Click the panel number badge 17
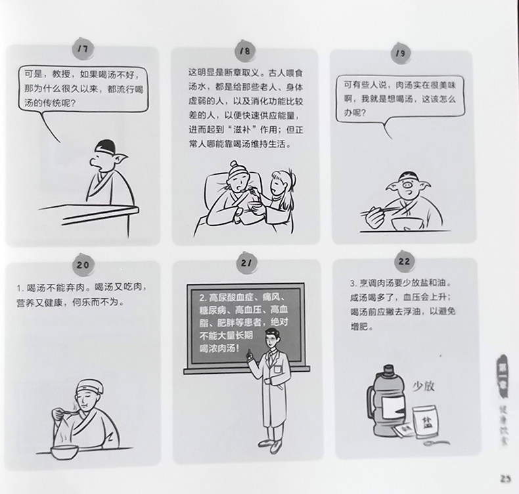coord(83,49)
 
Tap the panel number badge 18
coord(245,51)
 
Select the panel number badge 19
coord(401,53)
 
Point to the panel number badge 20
coord(83,265)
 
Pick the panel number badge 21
coord(246,263)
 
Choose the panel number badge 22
coord(404,261)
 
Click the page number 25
coord(506,479)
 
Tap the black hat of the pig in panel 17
coord(105,146)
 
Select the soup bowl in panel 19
coord(407,223)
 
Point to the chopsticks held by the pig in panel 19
coord(380,210)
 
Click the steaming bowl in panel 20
coord(64,452)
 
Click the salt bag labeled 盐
coord(425,422)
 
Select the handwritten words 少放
coord(423,386)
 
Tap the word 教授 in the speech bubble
coord(61,74)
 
